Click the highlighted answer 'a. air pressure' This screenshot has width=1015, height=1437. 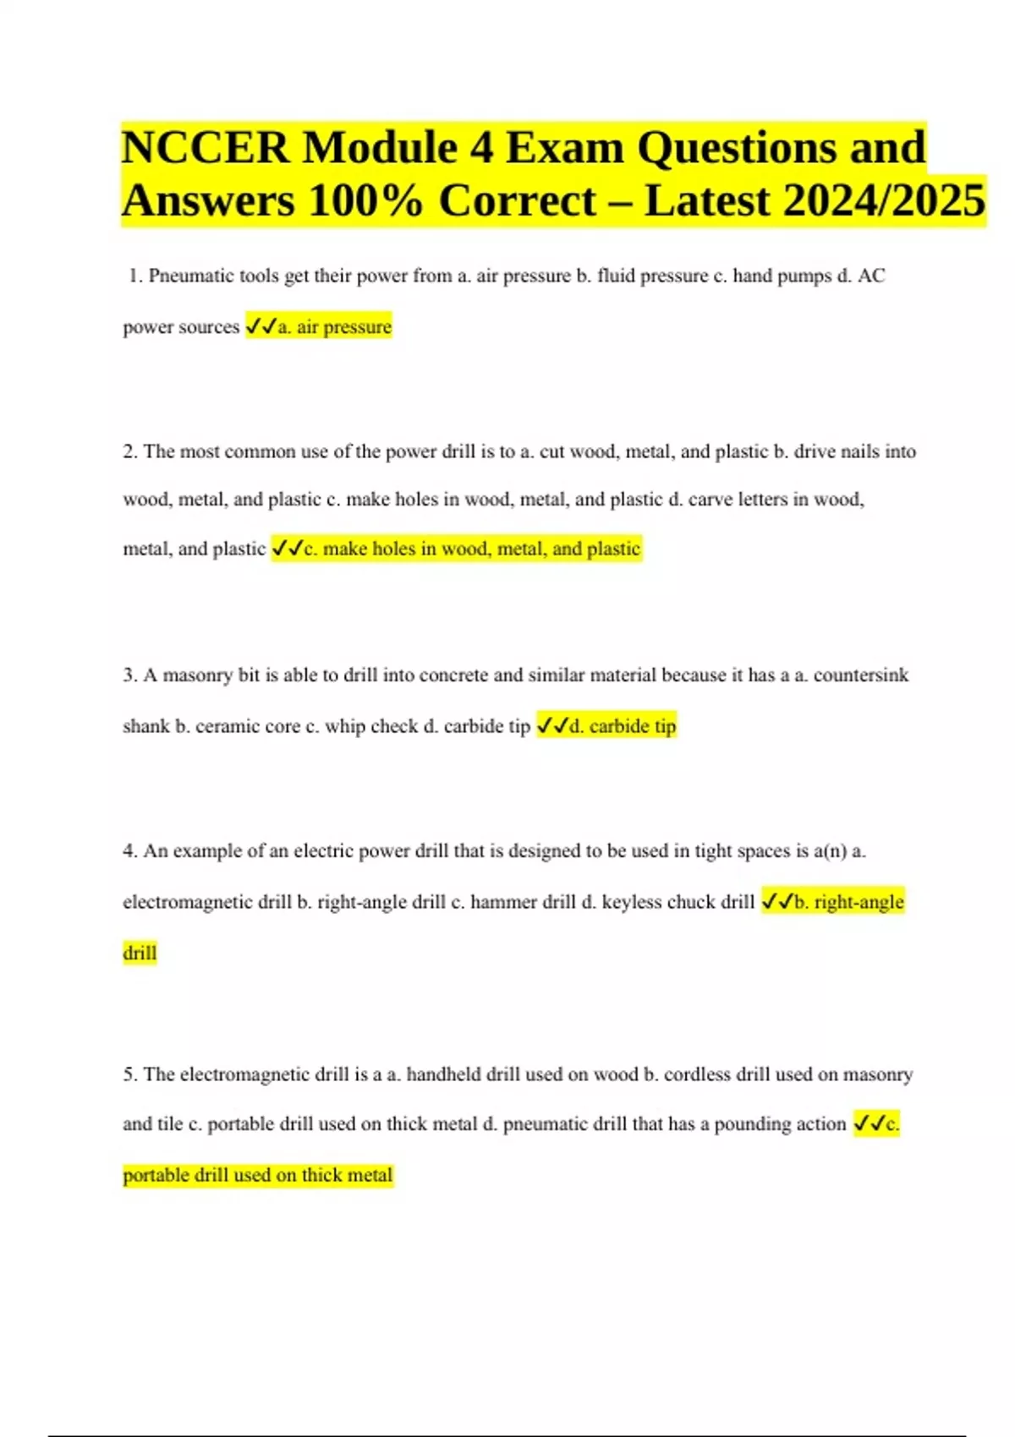tap(335, 327)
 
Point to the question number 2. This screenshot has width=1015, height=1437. tap(129, 451)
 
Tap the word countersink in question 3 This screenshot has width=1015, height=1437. tap(861, 675)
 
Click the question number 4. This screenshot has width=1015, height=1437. tap(129, 850)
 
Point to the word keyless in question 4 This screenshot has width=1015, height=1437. tap(632, 902)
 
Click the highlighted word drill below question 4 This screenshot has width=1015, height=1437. tap(140, 953)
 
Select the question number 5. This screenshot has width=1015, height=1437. tap(129, 1074)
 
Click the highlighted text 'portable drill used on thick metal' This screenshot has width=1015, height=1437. tap(258, 1175)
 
